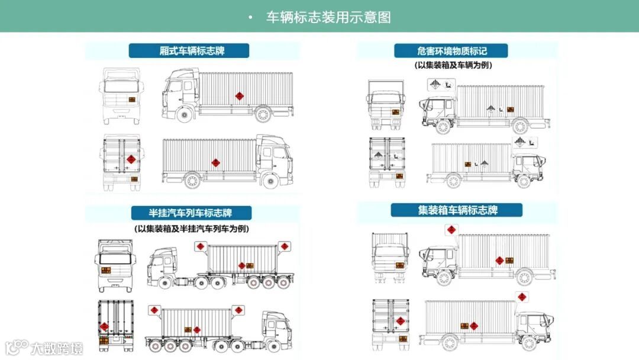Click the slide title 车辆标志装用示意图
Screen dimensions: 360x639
(x=328, y=17)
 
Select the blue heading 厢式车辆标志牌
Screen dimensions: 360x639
(x=189, y=51)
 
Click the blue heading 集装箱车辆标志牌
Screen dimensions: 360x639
(x=457, y=210)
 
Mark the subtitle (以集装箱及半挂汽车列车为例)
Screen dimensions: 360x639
(x=192, y=229)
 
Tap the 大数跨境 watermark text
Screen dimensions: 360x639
(x=57, y=348)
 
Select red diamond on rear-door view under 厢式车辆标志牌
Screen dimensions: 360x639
(x=131, y=160)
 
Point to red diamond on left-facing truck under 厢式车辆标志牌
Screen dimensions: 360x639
(x=240, y=96)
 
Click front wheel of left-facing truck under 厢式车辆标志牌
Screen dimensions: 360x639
(x=185, y=115)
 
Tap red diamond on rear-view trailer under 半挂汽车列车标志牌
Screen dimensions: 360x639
(x=104, y=326)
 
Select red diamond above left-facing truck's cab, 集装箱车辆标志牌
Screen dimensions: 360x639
(x=451, y=230)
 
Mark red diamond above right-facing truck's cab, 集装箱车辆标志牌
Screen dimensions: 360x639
(x=522, y=297)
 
